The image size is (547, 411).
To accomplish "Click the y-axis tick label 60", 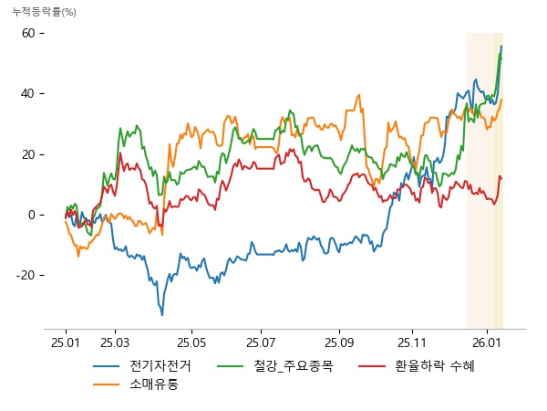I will (27, 33).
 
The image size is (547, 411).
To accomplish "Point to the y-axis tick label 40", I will (27, 93).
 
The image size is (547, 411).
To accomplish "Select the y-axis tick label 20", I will (27, 154).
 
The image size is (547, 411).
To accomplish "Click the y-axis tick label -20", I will (26, 275).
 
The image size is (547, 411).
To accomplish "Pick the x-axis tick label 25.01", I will (66, 342).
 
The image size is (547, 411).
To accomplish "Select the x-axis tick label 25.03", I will (113, 342).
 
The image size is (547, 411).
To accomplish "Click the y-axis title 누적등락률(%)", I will (43, 12).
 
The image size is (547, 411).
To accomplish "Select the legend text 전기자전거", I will (160, 366).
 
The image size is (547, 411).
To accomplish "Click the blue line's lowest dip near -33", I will (162, 315).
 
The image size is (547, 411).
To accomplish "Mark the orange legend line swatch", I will (107, 384).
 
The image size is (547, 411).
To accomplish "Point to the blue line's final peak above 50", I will (501, 47).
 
